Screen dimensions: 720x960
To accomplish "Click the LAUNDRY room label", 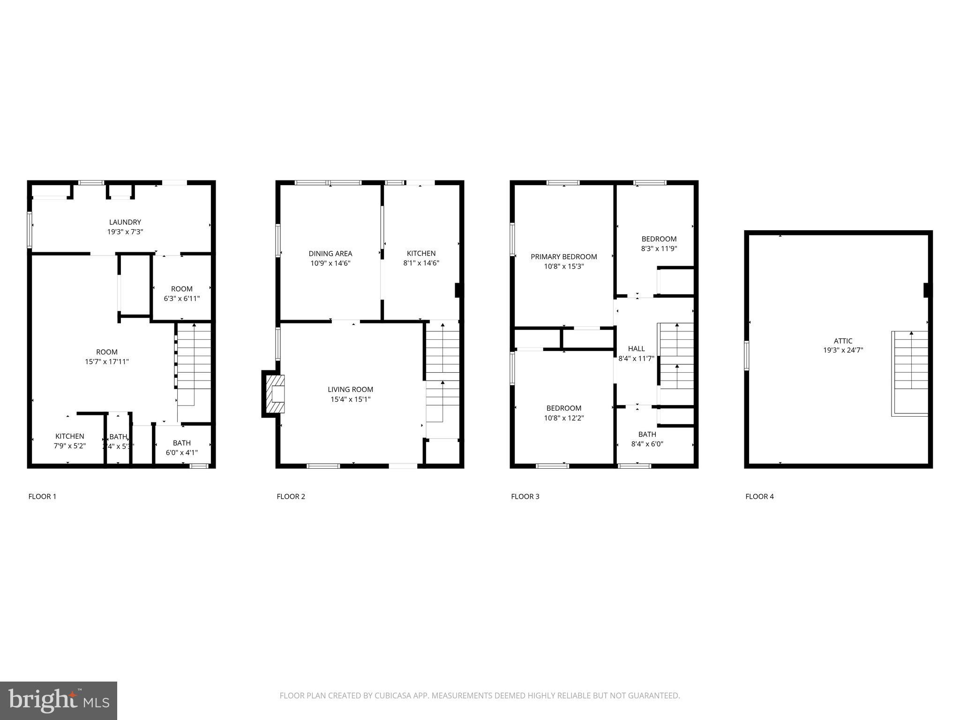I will (x=125, y=222).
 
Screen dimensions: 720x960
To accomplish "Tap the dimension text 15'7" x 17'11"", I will (x=107, y=361).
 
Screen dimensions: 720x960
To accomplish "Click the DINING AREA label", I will (x=330, y=254).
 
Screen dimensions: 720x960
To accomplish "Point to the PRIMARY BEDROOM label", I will (x=563, y=256).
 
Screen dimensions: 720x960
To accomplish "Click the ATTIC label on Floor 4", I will (x=843, y=341).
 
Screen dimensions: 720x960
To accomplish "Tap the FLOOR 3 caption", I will (x=525, y=496).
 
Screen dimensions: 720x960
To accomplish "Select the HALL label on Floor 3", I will (x=636, y=348).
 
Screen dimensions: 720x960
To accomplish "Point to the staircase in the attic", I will (x=910, y=373).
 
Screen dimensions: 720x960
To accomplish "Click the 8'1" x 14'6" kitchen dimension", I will (x=421, y=263).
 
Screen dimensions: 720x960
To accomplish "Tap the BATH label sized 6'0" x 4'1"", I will (x=181, y=443).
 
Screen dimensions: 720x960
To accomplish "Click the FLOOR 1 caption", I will (x=42, y=496).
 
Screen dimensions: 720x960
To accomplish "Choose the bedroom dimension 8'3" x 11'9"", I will (x=659, y=249).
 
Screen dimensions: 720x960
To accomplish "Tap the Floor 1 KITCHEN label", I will (x=69, y=436).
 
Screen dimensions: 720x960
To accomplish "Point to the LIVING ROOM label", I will (x=350, y=389).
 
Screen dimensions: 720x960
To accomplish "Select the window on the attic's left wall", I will (x=747, y=356).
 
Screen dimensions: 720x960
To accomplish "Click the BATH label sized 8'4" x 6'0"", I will (x=647, y=434).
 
